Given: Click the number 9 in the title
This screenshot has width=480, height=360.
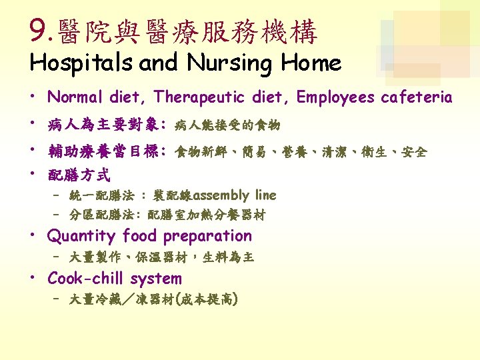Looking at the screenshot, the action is pos(38,30).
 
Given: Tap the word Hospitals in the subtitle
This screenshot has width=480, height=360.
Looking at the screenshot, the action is pos(81,63).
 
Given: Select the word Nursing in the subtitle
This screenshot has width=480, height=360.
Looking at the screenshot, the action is pos(229,63).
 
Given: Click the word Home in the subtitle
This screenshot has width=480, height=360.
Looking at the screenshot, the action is pos(311,62).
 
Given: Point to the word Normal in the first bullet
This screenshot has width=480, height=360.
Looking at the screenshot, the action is pos(75,97).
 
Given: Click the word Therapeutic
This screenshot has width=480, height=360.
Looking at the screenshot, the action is pos(199,97).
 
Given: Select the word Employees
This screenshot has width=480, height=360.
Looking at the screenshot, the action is pos(335,97).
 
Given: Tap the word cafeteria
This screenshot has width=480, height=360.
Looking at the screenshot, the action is pos(416,97).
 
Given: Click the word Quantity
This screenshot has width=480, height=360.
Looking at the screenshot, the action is pos(81,236).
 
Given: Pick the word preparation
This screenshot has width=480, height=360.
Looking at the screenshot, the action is pos(207,236).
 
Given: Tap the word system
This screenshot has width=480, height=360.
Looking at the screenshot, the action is pos(156,279).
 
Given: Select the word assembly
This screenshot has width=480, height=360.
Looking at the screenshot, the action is pos(221,195).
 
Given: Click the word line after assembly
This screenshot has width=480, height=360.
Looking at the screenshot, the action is pos(266,195).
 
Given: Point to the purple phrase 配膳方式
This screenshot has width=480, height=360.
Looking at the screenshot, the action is pos(79,175).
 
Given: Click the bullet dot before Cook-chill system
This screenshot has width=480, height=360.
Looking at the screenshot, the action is pos(33,277).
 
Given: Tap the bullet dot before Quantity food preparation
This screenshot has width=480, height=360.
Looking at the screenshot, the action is pos(33,235).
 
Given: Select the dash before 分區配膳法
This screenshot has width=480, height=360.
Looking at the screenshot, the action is pos(56,214).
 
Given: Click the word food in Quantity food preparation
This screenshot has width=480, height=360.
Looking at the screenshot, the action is pos(139,236).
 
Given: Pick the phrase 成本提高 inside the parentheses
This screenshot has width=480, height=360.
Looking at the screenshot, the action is pos(207,299).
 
